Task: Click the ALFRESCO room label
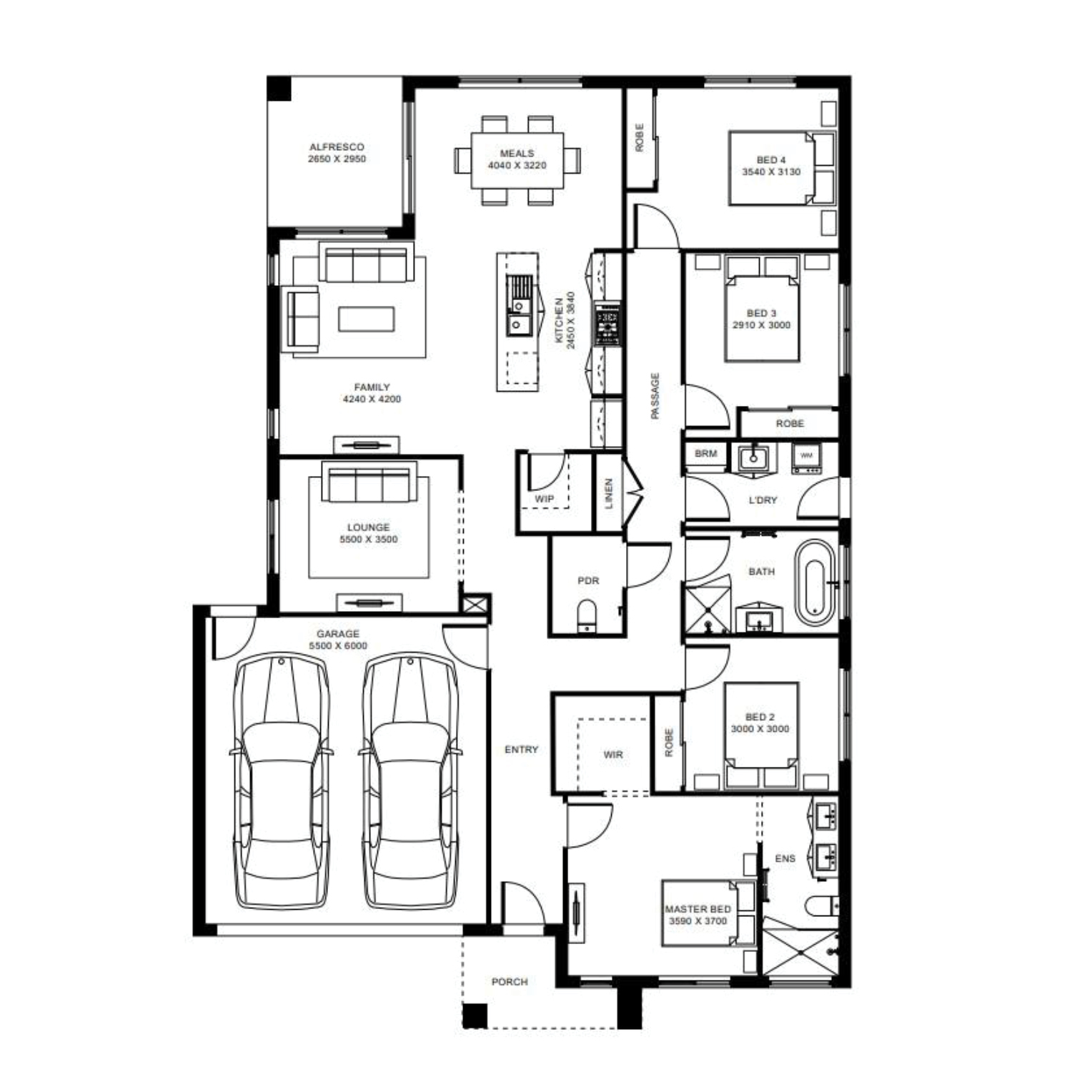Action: pyautogui.click(x=337, y=147)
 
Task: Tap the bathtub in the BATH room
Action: pyautogui.click(x=815, y=583)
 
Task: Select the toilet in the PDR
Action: pyautogui.click(x=587, y=616)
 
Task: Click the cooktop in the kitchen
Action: pyautogui.click(x=608, y=324)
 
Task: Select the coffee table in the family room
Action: pyautogui.click(x=367, y=319)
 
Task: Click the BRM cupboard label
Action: pyautogui.click(x=705, y=453)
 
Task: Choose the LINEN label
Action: pyautogui.click(x=609, y=492)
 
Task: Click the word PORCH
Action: pyautogui.click(x=510, y=982)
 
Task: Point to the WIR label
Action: pyautogui.click(x=613, y=754)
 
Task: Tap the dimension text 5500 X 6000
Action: pyautogui.click(x=338, y=645)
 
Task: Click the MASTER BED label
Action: pyautogui.click(x=698, y=909)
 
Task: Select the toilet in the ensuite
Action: pyautogui.click(x=822, y=905)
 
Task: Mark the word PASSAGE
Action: pyautogui.click(x=655, y=396)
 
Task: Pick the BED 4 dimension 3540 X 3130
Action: pyautogui.click(x=771, y=172)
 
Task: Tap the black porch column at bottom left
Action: pyautogui.click(x=475, y=1016)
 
